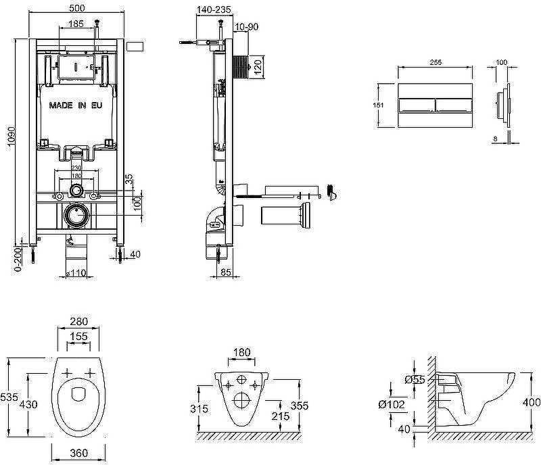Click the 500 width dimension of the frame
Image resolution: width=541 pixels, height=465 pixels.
[x=76, y=7]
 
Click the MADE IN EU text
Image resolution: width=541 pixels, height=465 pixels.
[x=76, y=105]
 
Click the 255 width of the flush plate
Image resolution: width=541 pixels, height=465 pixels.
[x=436, y=62]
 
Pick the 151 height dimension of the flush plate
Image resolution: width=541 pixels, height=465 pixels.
[x=379, y=105]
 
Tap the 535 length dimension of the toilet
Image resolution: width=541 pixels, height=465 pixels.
[x=8, y=398]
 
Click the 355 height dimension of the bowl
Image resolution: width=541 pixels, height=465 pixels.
[x=299, y=406]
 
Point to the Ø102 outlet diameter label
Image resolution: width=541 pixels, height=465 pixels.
[x=392, y=404]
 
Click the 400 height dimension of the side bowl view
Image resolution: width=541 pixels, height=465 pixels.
[x=532, y=402]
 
